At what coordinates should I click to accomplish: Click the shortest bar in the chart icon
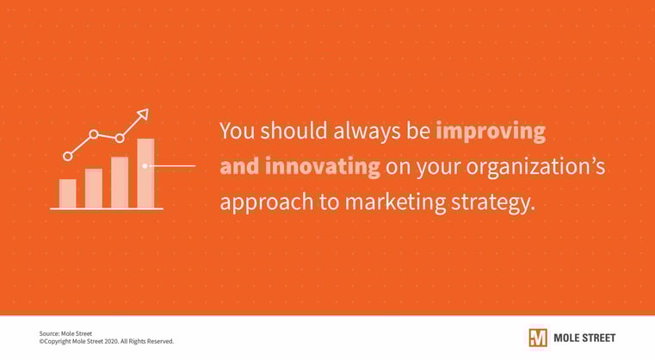click(x=67, y=193)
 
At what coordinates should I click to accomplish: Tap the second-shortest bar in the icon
click(x=94, y=188)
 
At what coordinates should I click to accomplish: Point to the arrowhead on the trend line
click(x=143, y=114)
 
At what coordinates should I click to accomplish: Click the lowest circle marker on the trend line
click(x=68, y=156)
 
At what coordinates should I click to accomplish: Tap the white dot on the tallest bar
click(x=145, y=165)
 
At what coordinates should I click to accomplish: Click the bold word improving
click(x=491, y=132)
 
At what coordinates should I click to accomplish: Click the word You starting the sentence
click(x=236, y=132)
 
